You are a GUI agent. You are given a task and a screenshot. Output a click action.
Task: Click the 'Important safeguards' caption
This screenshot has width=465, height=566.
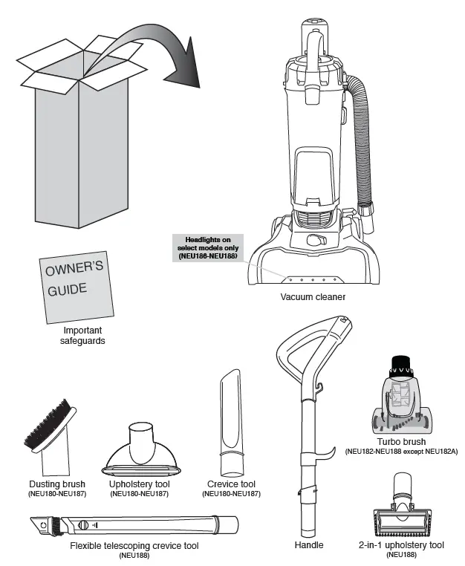tap(82, 335)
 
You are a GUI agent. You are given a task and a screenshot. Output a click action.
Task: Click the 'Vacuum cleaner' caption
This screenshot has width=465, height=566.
tap(312, 297)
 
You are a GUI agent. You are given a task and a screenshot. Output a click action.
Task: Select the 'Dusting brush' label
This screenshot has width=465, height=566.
tap(57, 484)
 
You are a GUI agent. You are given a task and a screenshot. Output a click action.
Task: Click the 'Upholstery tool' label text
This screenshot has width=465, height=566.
tap(141, 484)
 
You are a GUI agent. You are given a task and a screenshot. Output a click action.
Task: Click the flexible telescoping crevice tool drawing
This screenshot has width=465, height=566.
tap(134, 525)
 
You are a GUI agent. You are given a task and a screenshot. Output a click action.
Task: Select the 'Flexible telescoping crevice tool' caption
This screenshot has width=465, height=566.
tap(134, 545)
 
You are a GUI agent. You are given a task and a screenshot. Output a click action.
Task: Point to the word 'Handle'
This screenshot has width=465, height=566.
tap(309, 545)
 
